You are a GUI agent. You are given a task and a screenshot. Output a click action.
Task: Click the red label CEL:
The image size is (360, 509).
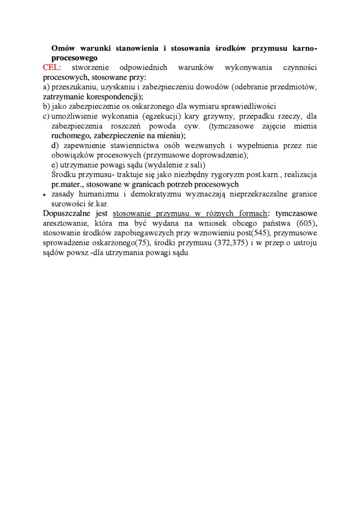[55, 68]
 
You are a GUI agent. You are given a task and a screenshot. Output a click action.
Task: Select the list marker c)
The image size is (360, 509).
[46, 116]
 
